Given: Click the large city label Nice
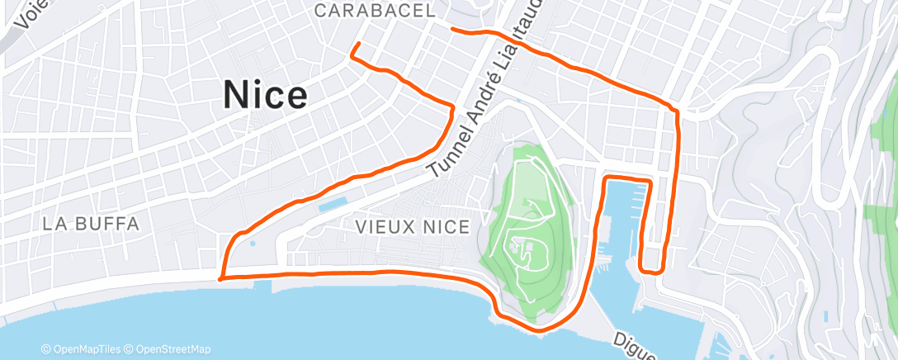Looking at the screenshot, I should tap(266, 97).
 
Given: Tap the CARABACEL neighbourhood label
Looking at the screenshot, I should tap(376, 11).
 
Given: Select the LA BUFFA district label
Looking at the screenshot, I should tap(90, 223).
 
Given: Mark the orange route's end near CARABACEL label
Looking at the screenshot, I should tap(451, 29).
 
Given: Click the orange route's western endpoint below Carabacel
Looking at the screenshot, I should tap(358, 43).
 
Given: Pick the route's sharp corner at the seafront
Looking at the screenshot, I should tap(220, 278).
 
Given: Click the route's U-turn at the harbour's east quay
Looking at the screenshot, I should tap(652, 269).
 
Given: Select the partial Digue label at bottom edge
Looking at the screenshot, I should tap(634, 347).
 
